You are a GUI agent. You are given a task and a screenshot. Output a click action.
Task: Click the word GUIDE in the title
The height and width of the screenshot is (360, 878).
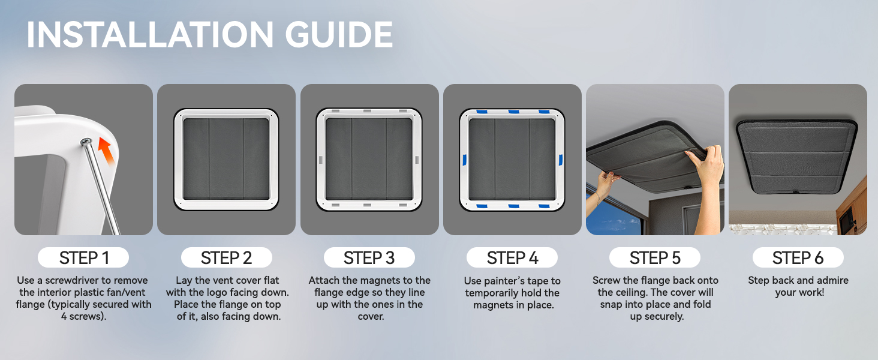(x=339, y=34)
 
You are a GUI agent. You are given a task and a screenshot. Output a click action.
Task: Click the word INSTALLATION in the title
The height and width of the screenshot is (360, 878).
(x=150, y=34)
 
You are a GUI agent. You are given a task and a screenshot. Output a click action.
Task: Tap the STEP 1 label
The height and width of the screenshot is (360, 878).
(x=83, y=257)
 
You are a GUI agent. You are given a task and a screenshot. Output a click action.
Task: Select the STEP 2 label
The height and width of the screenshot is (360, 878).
(x=226, y=257)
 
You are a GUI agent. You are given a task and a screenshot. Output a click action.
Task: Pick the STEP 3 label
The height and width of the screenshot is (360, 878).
(x=369, y=257)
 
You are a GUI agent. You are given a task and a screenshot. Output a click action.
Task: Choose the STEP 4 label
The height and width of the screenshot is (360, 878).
(x=512, y=257)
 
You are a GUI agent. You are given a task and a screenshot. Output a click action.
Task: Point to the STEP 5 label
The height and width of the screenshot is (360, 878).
(x=654, y=257)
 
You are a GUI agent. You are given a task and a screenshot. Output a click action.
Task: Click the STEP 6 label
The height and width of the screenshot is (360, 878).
(x=798, y=257)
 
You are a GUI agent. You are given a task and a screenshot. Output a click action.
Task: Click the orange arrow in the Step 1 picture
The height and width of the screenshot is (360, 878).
(x=107, y=151)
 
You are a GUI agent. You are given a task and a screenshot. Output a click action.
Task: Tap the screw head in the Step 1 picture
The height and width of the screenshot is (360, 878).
(x=85, y=142)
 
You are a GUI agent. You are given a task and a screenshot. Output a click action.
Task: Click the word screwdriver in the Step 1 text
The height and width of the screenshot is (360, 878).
(x=72, y=280)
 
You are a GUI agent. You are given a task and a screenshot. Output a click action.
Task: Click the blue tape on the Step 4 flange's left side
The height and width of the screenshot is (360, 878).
(x=464, y=160)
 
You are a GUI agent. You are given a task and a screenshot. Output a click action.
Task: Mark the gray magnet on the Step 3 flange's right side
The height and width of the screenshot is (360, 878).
(x=416, y=160)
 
